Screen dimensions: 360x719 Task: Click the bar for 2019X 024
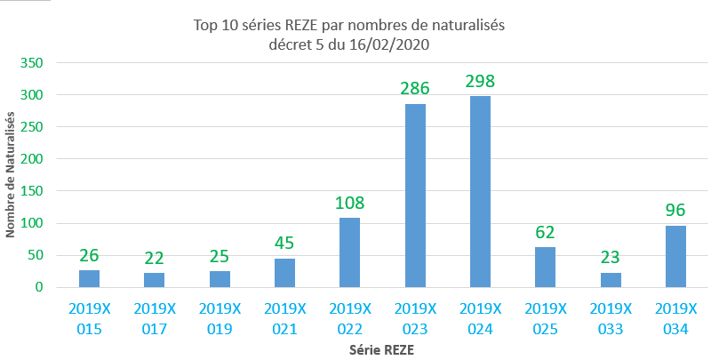(480, 191)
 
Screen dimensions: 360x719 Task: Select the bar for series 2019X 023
(415, 196)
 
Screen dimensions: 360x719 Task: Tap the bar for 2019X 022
(350, 252)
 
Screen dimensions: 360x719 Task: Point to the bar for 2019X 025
(545, 267)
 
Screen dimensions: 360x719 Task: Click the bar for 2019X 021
(284, 272)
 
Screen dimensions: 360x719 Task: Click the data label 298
(480, 82)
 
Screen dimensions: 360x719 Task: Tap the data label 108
(350, 203)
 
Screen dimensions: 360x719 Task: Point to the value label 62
(545, 234)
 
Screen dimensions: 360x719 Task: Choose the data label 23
(611, 259)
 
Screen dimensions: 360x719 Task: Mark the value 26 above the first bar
(89, 256)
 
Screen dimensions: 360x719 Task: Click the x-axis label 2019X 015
(89, 317)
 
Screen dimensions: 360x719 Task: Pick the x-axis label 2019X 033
(611, 317)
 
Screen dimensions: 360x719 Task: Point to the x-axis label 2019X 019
(220, 317)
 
